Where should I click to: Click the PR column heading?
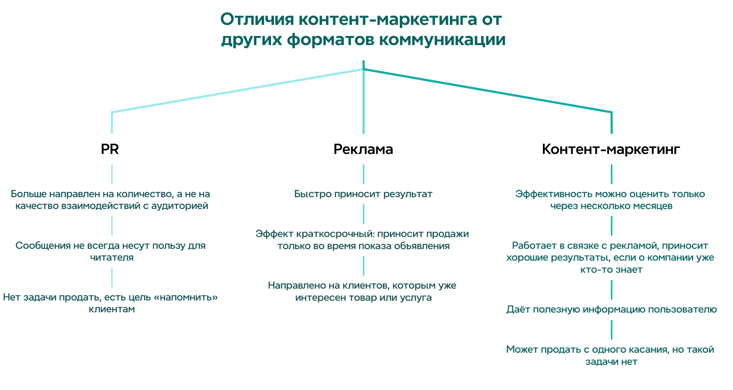click(x=110, y=149)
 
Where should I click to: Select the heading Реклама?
click(x=363, y=149)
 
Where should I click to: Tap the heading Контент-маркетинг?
click(x=611, y=149)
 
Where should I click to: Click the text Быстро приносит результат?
click(x=363, y=194)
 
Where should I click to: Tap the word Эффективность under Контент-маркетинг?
click(x=554, y=194)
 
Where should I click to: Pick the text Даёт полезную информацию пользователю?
click(x=611, y=309)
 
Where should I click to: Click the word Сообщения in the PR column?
click(x=43, y=246)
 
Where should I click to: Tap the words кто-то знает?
click(x=611, y=270)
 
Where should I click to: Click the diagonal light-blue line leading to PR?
click(x=238, y=91)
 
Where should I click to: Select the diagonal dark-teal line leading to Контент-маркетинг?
click(x=487, y=91)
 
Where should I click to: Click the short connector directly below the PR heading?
click(x=112, y=174)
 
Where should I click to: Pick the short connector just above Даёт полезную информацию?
click(x=611, y=290)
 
